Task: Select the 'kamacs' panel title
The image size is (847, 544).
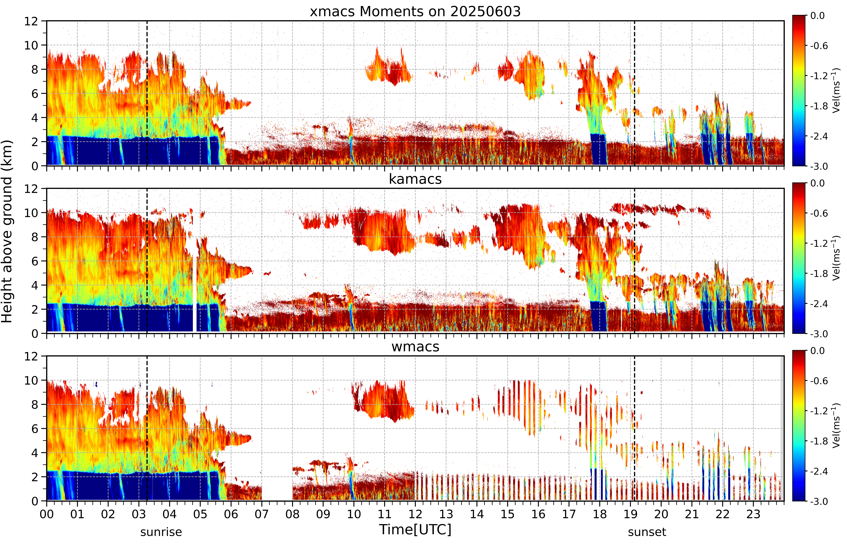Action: tap(415, 179)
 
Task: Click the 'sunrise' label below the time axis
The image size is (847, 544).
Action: tap(161, 532)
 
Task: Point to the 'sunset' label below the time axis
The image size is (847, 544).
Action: tap(647, 532)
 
